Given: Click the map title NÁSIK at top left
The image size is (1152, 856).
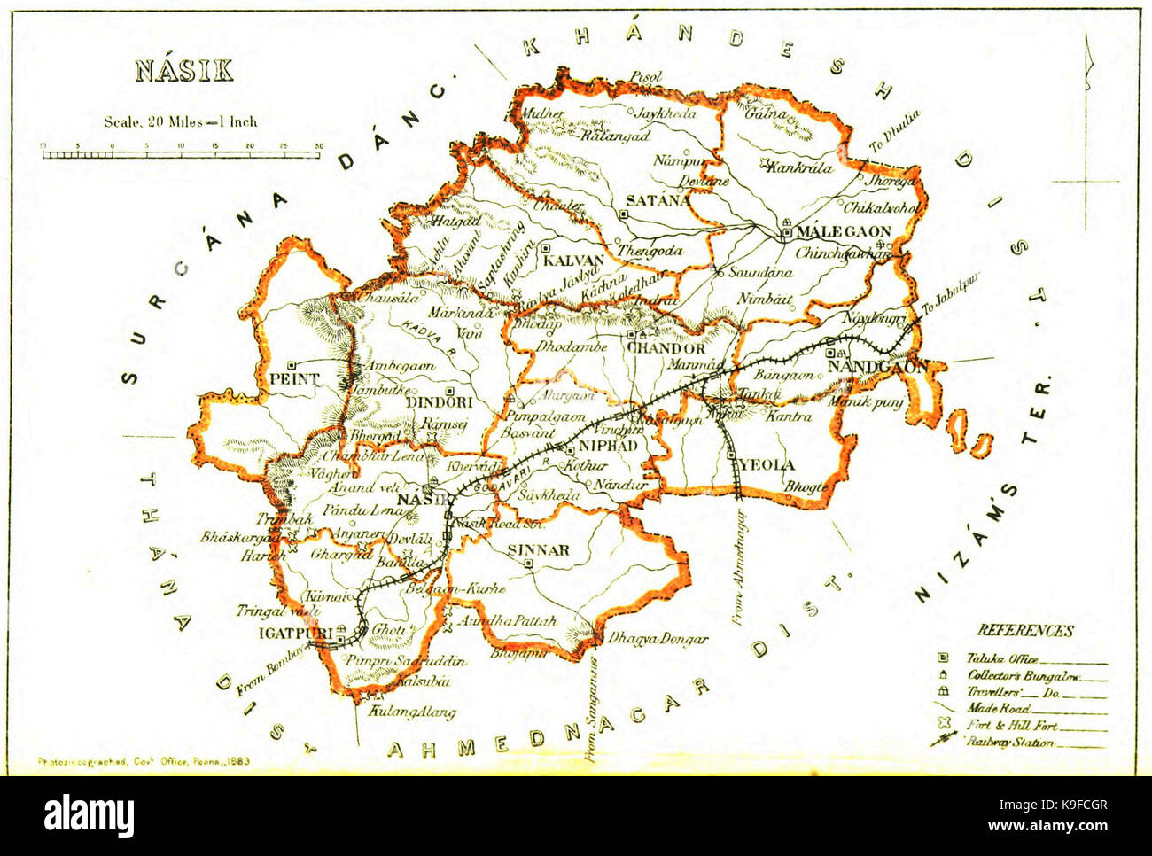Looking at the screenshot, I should (x=184, y=71).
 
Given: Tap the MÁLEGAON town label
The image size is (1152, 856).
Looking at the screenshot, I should (x=842, y=232).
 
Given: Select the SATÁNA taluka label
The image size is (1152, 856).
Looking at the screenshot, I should (x=658, y=200).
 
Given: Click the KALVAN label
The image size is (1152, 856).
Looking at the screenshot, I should (x=574, y=261).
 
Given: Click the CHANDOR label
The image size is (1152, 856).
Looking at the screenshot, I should (x=666, y=348).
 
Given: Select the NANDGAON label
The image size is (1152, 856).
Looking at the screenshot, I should (x=878, y=366).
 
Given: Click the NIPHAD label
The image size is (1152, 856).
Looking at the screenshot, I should (x=607, y=447).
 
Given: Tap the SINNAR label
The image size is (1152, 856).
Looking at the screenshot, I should (x=539, y=550).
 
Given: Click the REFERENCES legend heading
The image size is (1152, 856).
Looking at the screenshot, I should (x=1025, y=631).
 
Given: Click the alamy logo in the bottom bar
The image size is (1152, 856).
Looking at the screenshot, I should (x=90, y=813).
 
